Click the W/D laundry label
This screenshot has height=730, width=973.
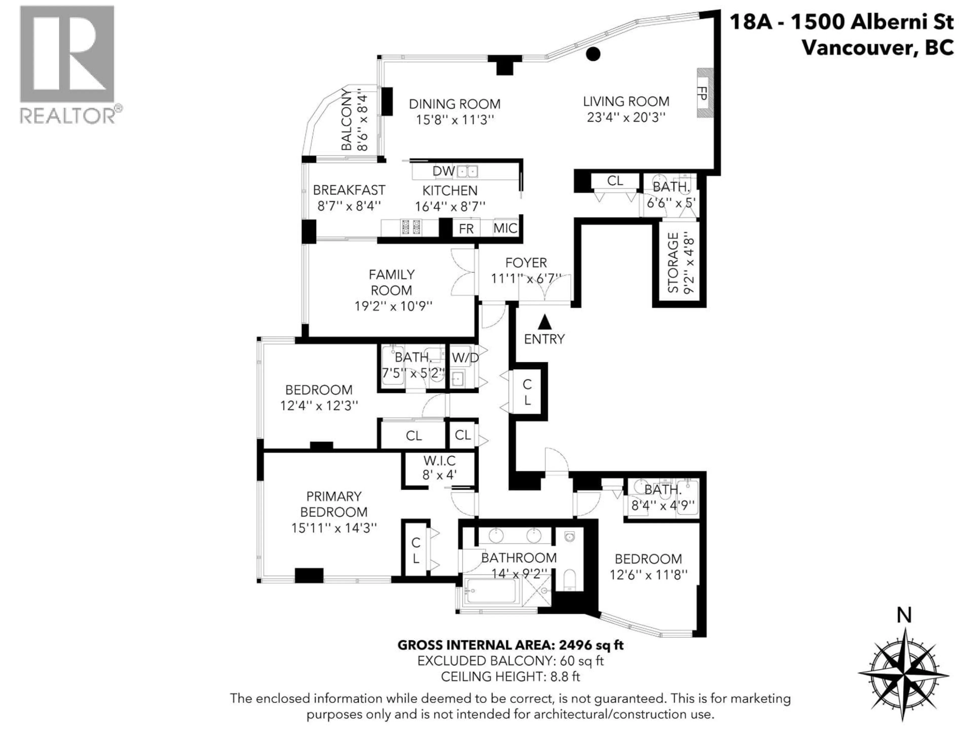[x=465, y=357]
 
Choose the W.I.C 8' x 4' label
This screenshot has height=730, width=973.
[x=439, y=468]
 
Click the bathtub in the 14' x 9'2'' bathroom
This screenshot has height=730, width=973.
[x=491, y=591]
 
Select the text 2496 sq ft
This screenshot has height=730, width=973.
[x=591, y=645]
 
